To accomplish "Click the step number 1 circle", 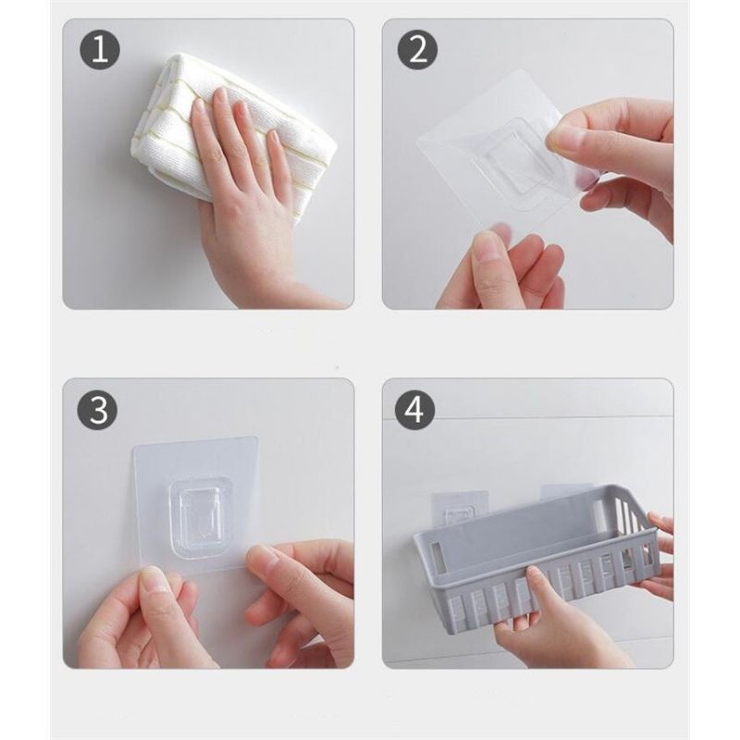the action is tap(100, 50).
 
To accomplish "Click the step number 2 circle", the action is tap(418, 50).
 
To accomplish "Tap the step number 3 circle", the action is tap(98, 409).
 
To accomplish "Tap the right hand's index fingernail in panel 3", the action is tap(263, 558).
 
